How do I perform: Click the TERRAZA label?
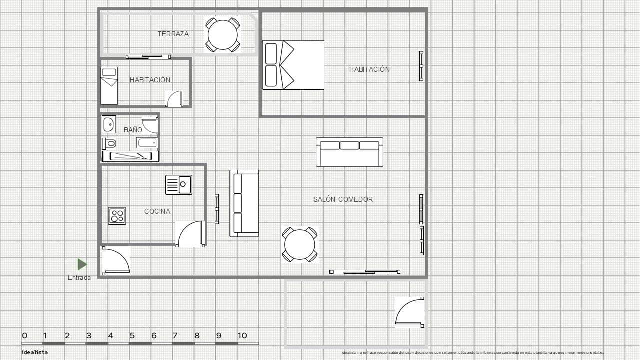coord(173,34)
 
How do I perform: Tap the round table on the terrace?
coord(223,34)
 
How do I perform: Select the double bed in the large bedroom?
coord(293,65)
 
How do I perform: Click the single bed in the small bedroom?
coord(109,86)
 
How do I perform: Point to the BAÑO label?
coord(133,130)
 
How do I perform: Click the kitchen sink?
coord(179,185)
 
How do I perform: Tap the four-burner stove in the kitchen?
coord(117,216)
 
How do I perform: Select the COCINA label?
coord(157,211)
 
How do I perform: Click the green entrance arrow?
coord(82,264)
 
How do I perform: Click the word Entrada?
coord(79,278)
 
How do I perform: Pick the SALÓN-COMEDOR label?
coord(343,199)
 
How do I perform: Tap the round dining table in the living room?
coord(300,244)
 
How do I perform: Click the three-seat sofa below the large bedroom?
coord(349,152)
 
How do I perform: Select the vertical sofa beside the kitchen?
coord(244,203)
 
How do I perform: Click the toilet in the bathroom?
coord(109,144)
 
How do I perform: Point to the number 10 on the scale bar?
coord(242,336)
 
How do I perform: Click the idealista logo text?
coord(35,352)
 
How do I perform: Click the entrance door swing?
coord(115,260)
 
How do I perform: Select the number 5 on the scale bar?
coord(132,336)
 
